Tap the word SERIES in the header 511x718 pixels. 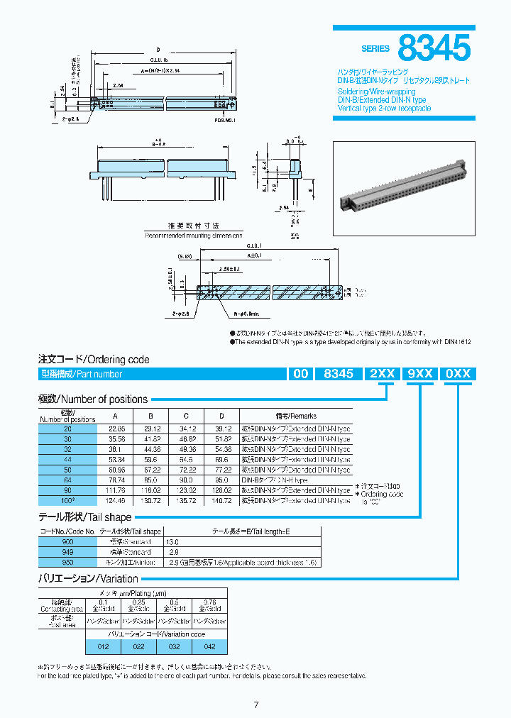tap(375, 49)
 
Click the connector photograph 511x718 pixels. tap(404, 188)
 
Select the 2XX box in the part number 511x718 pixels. tap(384, 374)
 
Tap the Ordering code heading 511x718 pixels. tap(94, 360)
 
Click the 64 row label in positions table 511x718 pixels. tap(67, 480)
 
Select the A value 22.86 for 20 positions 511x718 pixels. tap(116, 429)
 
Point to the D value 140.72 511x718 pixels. tap(221, 500)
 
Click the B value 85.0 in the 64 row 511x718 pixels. tap(150, 480)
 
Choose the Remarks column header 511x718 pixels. tap(296, 416)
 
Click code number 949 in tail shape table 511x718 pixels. tap(67, 552)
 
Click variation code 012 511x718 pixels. tap(104, 647)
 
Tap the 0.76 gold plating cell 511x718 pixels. tap(209, 605)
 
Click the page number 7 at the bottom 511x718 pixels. tap(255, 705)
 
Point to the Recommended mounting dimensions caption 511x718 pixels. tap(193, 235)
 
